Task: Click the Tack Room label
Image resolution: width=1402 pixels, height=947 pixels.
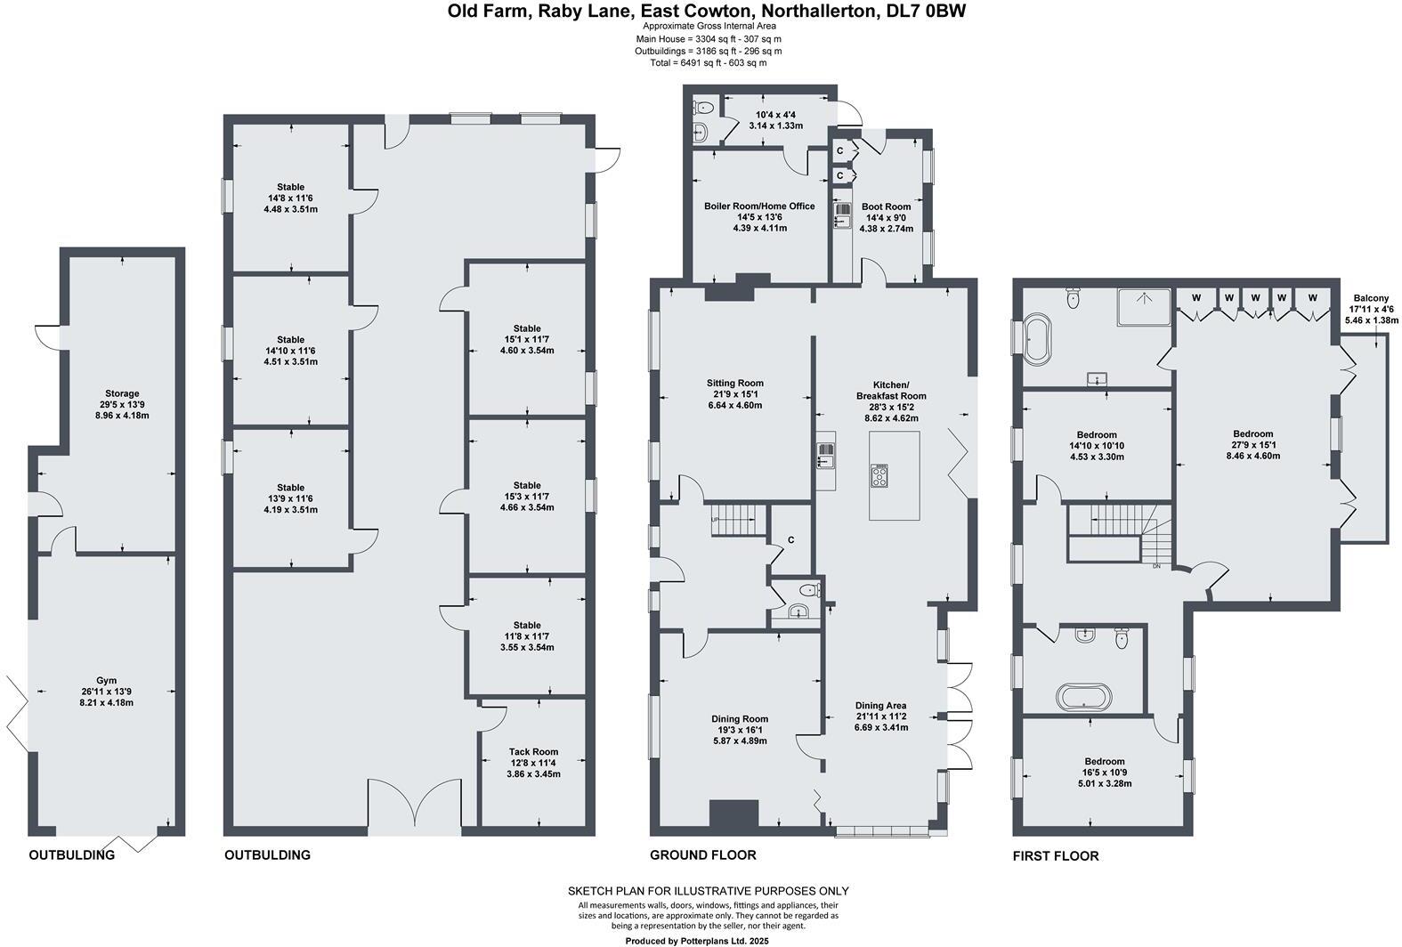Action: tap(534, 751)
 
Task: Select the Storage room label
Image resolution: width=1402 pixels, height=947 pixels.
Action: tap(122, 393)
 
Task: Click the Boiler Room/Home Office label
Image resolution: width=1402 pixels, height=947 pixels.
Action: tap(759, 206)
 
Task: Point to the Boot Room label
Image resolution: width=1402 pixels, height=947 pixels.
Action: tap(886, 206)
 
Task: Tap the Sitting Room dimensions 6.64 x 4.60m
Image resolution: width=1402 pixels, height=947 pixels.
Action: tap(734, 406)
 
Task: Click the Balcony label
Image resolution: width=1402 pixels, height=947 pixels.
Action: tap(1371, 298)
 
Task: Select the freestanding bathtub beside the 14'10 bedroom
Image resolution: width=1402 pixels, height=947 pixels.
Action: tap(1038, 338)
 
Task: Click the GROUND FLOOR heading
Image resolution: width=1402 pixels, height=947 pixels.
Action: tap(702, 855)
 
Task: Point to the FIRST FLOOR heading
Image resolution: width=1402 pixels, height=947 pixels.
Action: tap(1056, 856)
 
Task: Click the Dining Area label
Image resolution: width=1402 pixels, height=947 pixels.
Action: tap(881, 705)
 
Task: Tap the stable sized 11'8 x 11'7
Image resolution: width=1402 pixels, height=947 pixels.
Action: tap(527, 636)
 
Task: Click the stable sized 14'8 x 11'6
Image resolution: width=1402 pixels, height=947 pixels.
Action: tap(290, 198)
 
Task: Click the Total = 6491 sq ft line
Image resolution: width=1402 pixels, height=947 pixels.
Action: tap(709, 63)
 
